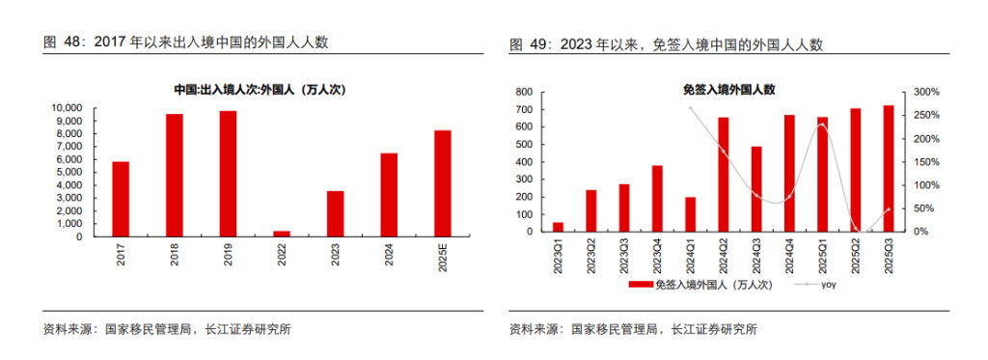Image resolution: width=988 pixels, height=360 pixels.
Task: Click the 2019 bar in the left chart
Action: click(228, 173)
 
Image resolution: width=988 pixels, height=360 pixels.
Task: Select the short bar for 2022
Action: click(282, 232)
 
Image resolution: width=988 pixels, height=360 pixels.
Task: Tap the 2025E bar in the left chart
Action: click(443, 182)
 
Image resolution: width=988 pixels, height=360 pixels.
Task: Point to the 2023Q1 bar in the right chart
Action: click(558, 227)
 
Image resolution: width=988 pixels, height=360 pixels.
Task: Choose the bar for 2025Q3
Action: click(889, 169)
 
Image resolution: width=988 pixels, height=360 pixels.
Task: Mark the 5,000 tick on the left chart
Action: click(76, 171)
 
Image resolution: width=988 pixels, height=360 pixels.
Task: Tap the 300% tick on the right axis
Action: click(927, 93)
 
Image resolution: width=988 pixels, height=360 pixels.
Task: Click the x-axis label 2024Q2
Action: click(724, 255)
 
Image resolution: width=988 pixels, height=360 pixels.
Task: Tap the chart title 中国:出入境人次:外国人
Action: click(260, 90)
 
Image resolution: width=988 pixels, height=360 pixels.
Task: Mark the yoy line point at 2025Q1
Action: click(823, 125)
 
